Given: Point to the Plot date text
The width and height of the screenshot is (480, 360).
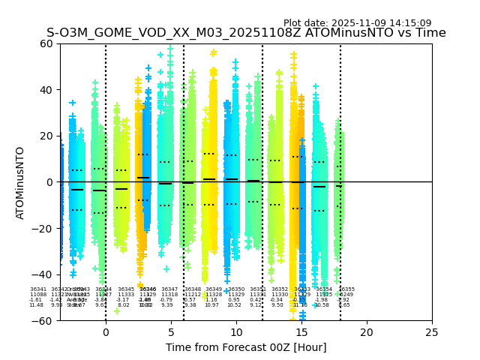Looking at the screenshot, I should (x=357, y=23).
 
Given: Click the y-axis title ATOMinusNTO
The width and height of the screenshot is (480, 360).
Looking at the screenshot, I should (x=20, y=182).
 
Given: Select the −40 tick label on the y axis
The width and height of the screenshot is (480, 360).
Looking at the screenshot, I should (x=44, y=274).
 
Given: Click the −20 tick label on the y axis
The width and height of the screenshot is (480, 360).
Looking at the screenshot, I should (x=44, y=229).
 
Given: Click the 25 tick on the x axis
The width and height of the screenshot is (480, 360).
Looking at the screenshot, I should (x=432, y=331).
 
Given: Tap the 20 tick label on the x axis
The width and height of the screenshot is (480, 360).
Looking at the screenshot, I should (x=367, y=331).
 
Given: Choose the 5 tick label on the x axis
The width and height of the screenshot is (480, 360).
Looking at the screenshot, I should (x=171, y=331).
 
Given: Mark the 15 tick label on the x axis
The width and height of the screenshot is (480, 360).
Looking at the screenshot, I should (x=301, y=331).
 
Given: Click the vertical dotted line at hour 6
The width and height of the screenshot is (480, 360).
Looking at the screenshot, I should (x=184, y=150).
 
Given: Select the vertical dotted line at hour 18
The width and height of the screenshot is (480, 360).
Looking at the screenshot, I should (x=340, y=150).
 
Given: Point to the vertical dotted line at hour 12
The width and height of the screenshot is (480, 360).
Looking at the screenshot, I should (x=262, y=150).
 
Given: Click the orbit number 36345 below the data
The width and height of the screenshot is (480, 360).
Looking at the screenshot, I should (x=126, y=289).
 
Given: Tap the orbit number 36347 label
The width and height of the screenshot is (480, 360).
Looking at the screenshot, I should (x=170, y=289).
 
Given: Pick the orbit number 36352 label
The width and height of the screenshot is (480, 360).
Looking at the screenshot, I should (x=280, y=289).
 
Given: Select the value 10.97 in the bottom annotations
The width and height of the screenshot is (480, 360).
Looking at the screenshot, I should (x=211, y=305).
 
